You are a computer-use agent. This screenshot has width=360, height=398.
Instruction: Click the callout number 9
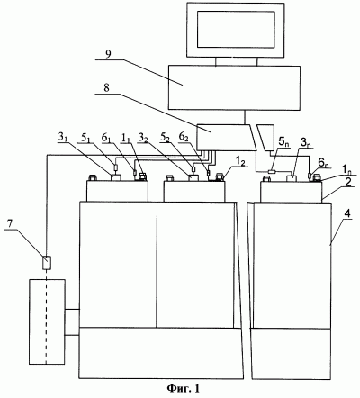click(108, 54)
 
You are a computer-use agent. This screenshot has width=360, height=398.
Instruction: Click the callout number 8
click(106, 87)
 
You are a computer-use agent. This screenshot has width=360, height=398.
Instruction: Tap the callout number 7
click(10, 224)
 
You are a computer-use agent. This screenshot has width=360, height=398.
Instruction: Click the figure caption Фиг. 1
click(183, 388)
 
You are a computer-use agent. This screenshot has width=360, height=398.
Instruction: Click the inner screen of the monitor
click(236, 29)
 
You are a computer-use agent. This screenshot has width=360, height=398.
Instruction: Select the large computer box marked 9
click(234, 87)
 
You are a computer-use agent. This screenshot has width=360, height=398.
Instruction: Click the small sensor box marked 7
click(47, 263)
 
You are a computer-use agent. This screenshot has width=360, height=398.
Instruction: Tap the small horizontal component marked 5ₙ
click(273, 172)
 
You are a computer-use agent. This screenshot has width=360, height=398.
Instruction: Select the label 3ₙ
click(306, 143)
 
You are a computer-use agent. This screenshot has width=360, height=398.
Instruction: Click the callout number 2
click(348, 183)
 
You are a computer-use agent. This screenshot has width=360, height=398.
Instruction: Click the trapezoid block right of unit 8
click(266, 138)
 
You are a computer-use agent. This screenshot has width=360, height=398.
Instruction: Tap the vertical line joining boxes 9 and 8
click(245, 117)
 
